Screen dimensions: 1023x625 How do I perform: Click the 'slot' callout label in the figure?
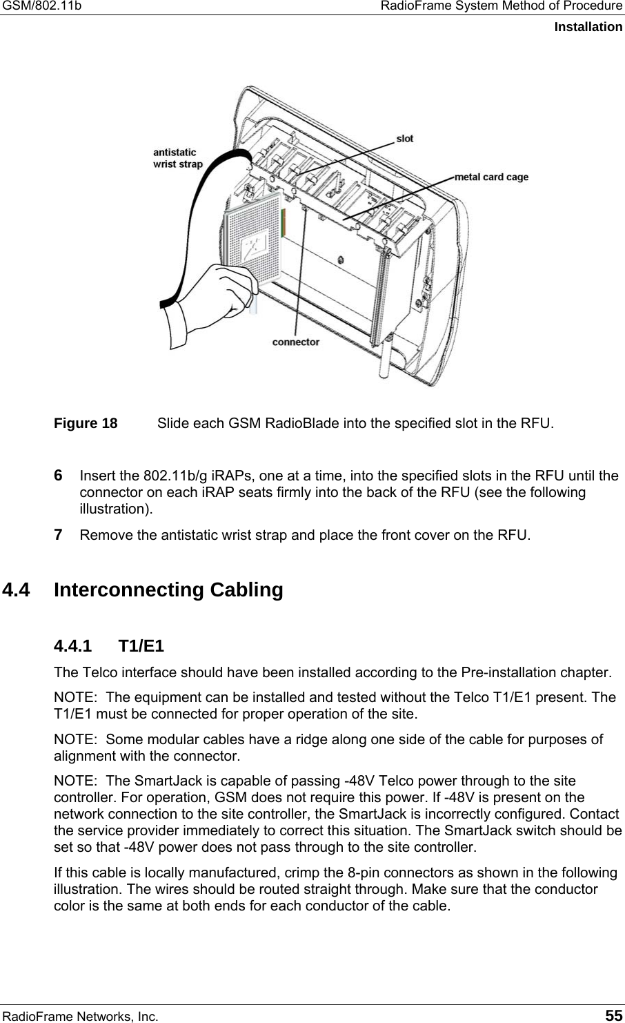(x=405, y=139)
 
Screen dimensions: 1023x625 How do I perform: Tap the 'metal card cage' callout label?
(x=492, y=177)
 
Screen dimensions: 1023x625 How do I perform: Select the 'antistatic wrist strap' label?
(x=177, y=158)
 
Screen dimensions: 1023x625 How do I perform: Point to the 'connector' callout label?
(x=296, y=342)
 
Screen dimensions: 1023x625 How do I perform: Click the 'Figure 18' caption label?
(x=86, y=423)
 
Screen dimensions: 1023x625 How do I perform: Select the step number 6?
(x=59, y=476)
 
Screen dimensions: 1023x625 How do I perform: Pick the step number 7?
(x=59, y=534)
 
